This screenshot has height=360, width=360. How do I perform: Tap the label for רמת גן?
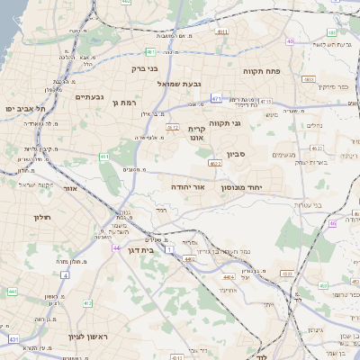123,103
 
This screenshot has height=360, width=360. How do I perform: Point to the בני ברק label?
145,67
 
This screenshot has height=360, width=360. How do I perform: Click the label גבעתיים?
89,97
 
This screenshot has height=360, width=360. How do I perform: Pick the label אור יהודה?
188,186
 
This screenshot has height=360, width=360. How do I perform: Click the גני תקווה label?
224,123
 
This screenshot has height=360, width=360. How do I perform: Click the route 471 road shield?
217,97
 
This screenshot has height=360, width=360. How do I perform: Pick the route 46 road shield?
332,223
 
